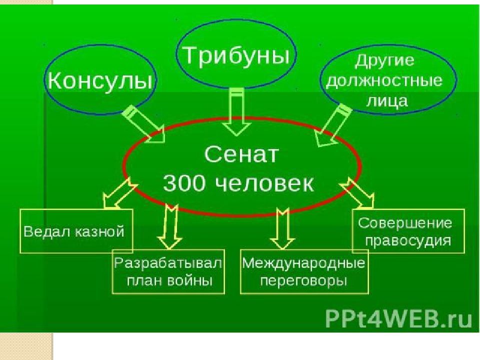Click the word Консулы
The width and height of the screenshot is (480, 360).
click(x=99, y=80)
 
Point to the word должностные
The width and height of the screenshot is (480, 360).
click(x=384, y=80)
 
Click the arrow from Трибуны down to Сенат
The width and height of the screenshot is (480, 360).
click(x=237, y=112)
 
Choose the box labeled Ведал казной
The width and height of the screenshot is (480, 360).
click(x=76, y=231)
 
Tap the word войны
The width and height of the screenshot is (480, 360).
click(x=190, y=280)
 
